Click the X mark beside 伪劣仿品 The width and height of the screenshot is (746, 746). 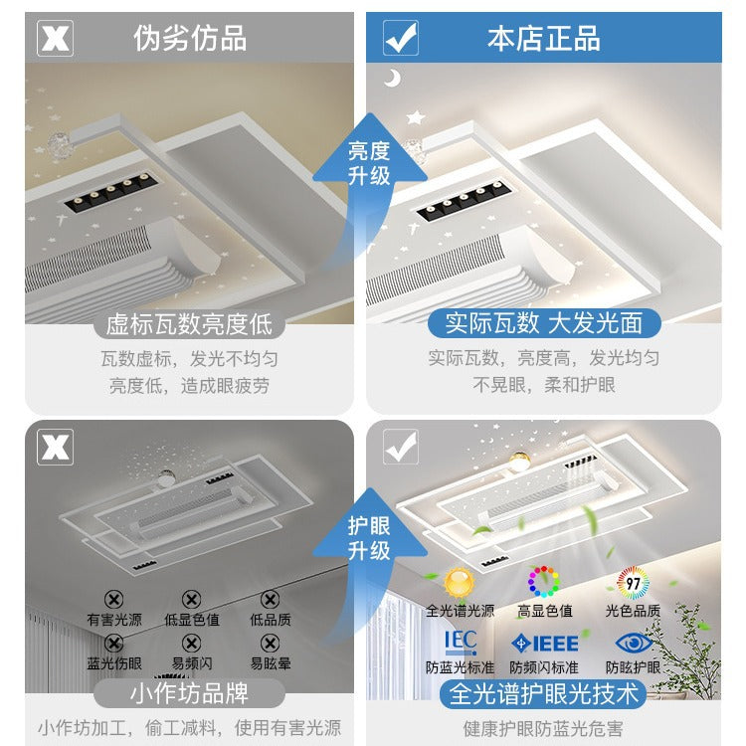pyautogui.click(x=55, y=38)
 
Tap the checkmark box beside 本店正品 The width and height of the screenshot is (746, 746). pyautogui.click(x=401, y=38)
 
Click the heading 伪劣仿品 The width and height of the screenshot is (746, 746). pyautogui.click(x=190, y=38)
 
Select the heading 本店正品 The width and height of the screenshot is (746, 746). pyautogui.click(x=543, y=38)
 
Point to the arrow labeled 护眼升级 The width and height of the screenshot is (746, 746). pyautogui.click(x=368, y=542)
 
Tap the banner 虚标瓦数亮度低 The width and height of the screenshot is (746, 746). pyautogui.click(x=189, y=324)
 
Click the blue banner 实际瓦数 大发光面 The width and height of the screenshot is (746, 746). pyautogui.click(x=543, y=324)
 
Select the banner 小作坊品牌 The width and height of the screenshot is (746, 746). pyautogui.click(x=189, y=692)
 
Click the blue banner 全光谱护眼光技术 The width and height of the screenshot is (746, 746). pyautogui.click(x=543, y=692)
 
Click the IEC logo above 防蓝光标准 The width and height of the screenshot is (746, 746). pyautogui.click(x=460, y=642)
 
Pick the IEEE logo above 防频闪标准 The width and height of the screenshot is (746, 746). pyautogui.click(x=544, y=643)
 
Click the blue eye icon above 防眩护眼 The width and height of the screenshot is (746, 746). pyautogui.click(x=633, y=642)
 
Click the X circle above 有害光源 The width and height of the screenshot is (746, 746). pyautogui.click(x=114, y=599)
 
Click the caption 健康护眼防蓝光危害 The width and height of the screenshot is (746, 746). pyautogui.click(x=543, y=727)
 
